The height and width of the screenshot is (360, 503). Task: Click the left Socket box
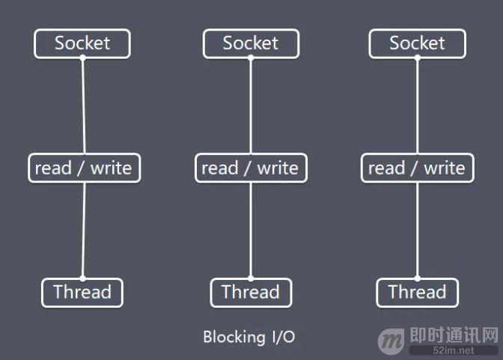(x=82, y=43)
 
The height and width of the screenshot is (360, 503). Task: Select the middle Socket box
(x=251, y=43)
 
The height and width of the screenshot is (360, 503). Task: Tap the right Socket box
(x=418, y=43)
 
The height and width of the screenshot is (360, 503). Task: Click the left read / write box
(x=85, y=168)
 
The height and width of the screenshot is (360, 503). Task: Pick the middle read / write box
(x=251, y=168)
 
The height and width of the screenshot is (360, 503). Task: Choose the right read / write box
(x=418, y=168)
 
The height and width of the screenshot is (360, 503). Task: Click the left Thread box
(x=82, y=293)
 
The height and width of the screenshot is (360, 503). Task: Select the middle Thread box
(x=251, y=293)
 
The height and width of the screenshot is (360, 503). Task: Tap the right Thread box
(x=418, y=293)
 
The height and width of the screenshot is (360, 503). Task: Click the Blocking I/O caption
(x=249, y=337)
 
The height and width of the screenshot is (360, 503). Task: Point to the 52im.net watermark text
(x=454, y=350)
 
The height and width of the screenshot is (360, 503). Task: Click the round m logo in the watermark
(x=391, y=341)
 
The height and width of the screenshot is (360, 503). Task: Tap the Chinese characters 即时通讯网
(x=454, y=335)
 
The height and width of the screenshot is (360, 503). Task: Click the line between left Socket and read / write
(x=83, y=106)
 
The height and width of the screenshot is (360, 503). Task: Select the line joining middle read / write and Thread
(x=251, y=231)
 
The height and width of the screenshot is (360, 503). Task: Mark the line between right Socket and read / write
(x=418, y=106)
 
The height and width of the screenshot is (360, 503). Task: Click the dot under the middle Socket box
(x=251, y=58)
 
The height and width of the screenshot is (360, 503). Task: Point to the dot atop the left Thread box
(x=83, y=278)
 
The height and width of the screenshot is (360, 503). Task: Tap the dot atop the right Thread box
(x=418, y=278)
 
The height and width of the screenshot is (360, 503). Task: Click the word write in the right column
(x=445, y=168)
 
